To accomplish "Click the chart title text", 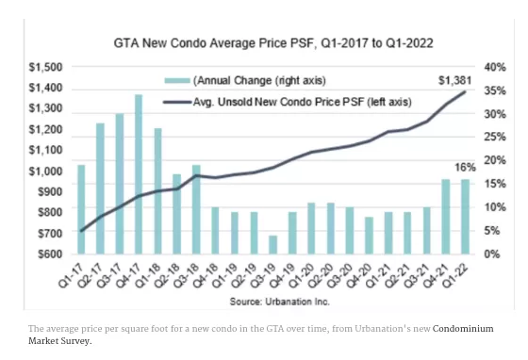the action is coord(273,43).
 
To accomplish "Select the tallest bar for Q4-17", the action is coord(139,174).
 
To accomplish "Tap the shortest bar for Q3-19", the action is coord(272,245).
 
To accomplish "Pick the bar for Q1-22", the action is coord(465,217).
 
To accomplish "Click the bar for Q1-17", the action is coord(81,209).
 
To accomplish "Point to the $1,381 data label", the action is coord(454,80).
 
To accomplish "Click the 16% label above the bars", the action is coord(465,167).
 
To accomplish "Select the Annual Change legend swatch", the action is coord(177,81).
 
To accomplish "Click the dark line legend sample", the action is coord(177,102).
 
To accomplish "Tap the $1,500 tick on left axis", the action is coord(46,67).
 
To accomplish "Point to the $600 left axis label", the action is coord(50,254).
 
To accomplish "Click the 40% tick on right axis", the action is coord(495,67).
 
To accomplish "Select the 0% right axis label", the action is coord(491,254).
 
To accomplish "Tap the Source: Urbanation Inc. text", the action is coord(279,302).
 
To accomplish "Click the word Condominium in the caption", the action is coord(463,329).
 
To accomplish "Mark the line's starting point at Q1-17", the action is coord(81,231).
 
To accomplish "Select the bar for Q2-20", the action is coord(330,228).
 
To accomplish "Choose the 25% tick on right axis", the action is coord(495,138).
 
